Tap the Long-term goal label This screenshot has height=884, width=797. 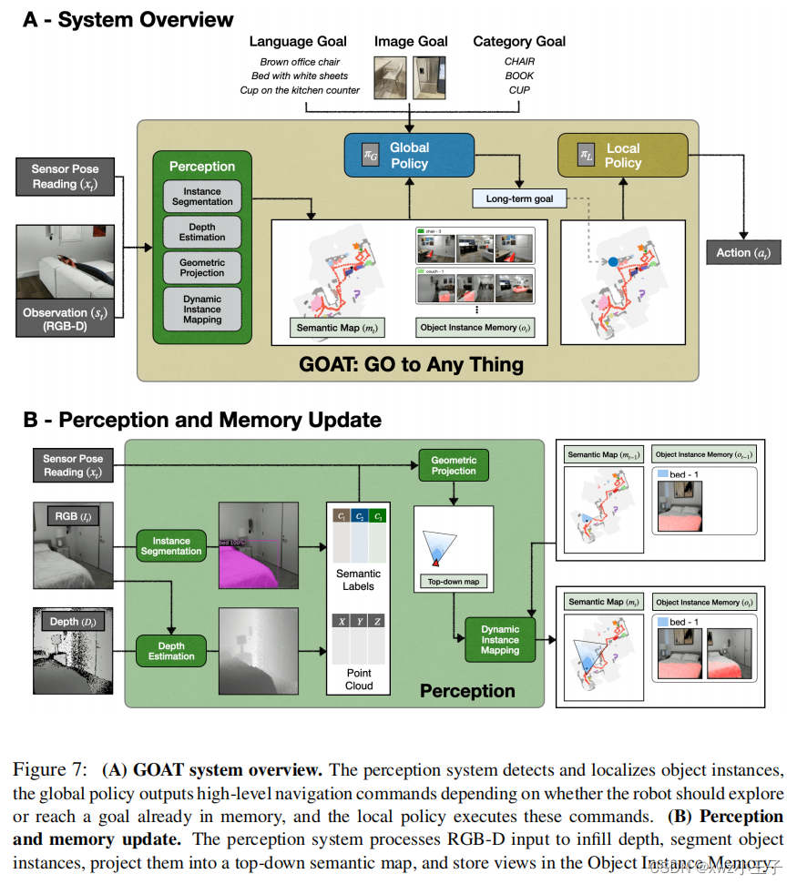coord(519,198)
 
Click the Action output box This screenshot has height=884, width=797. coord(743,252)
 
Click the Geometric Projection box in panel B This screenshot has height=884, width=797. coord(454,464)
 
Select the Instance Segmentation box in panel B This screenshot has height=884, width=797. coord(171,545)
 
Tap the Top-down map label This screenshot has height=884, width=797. coord(454,581)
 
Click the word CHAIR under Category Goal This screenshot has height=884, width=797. coord(519,62)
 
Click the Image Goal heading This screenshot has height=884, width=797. coord(411,41)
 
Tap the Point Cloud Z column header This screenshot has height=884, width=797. coord(377,621)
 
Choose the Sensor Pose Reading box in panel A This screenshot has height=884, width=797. coord(66,176)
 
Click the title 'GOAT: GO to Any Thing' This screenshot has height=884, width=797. coord(411,364)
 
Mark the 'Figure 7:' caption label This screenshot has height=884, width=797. coord(50,768)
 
